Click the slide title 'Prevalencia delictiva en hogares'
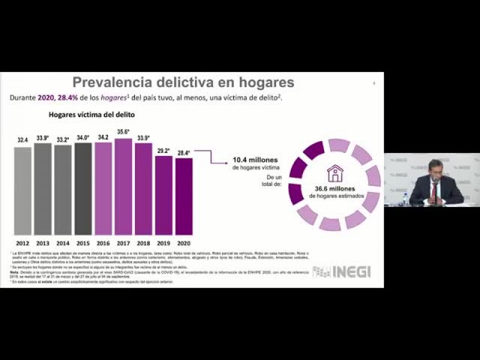[x=183, y=82]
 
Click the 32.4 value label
[x=23, y=140]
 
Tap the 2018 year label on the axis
[x=143, y=243]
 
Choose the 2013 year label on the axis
[x=43, y=243]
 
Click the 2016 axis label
[x=103, y=243]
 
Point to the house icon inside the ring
[x=335, y=173]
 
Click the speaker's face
[x=435, y=169]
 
